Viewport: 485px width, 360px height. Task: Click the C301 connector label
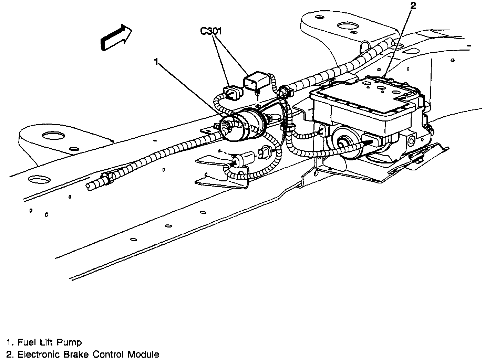tap(211, 31)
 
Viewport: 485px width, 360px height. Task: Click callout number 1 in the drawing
tap(156, 62)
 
